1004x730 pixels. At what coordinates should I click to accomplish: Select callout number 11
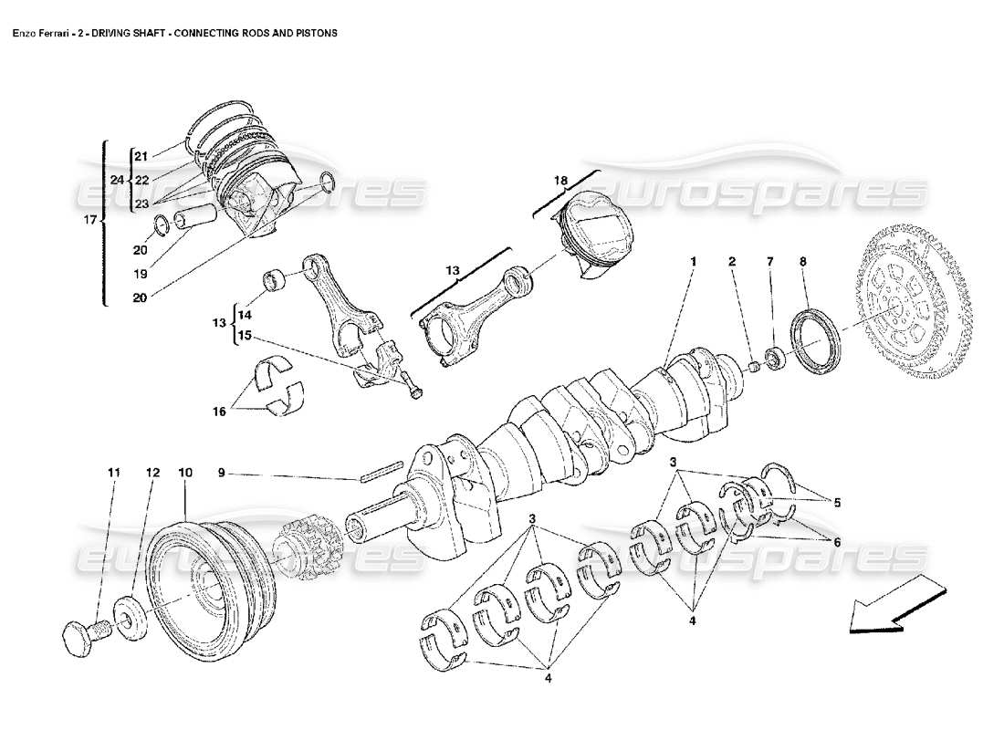pos(113,473)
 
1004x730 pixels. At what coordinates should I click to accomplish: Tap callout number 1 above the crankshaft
pos(694,262)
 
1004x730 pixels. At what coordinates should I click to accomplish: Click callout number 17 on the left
pos(88,220)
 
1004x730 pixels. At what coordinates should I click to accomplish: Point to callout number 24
pos(116,180)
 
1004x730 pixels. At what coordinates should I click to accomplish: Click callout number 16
pos(219,412)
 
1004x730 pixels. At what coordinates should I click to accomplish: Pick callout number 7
pos(769,262)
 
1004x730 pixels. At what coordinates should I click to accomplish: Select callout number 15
pos(244,335)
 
